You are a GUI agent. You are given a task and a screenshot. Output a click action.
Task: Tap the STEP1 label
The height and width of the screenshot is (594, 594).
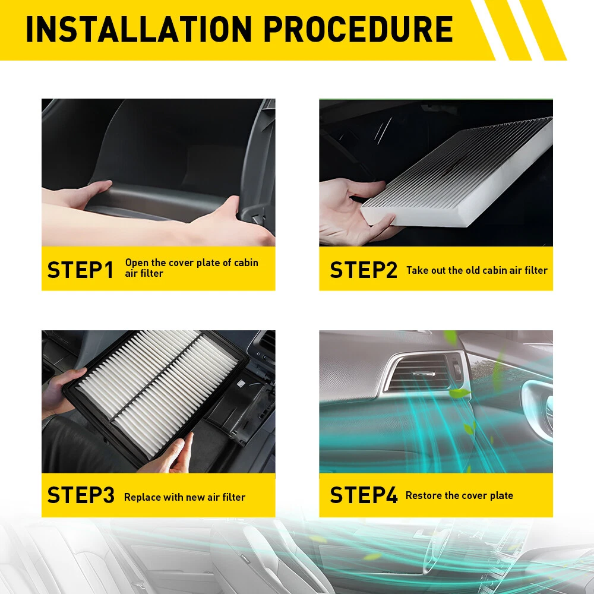(x=80, y=270)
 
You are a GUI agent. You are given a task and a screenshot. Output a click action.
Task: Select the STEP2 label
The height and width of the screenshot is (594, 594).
(x=364, y=270)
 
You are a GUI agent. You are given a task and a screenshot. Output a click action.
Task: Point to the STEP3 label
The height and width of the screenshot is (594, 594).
(x=81, y=495)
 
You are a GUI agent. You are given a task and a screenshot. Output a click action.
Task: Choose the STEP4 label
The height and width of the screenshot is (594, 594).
(x=364, y=495)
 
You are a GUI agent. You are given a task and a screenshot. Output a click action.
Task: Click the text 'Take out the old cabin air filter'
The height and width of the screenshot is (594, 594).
(x=477, y=270)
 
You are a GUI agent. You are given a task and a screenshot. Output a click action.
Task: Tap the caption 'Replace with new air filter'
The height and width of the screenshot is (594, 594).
(x=185, y=497)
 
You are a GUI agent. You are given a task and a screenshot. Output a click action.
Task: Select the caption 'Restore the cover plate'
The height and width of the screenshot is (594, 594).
(x=459, y=495)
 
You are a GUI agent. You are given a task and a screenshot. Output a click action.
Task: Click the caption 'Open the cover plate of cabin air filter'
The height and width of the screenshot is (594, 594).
(x=192, y=268)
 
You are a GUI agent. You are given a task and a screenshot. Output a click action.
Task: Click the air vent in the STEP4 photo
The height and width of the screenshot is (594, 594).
(x=422, y=373)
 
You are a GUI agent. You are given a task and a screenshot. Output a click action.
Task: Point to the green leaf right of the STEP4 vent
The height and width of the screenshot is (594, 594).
(x=459, y=393)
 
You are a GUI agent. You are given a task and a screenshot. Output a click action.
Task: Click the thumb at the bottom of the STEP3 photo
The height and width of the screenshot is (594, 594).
(x=182, y=453)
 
